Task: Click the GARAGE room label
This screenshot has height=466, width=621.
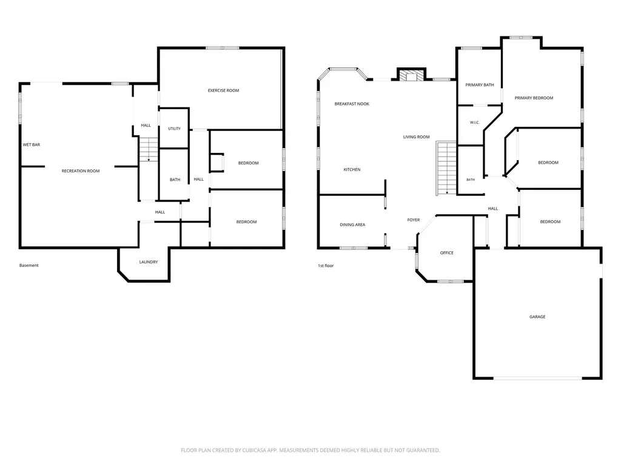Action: pos(537,317)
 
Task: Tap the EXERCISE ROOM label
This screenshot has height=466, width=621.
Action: pos(223,90)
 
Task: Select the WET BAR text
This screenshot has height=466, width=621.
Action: pos(32,144)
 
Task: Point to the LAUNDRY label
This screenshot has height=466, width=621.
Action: pos(149,262)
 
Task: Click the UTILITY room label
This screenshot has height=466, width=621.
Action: pos(174,129)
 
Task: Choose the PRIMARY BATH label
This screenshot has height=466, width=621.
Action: pos(480,85)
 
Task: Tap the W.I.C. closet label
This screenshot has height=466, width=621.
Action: pos(475,123)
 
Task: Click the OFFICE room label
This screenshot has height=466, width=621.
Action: pos(447,252)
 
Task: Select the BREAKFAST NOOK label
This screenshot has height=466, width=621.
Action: pos(352,104)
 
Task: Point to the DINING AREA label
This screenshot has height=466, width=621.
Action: pos(352,225)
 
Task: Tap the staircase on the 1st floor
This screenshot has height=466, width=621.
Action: pos(446,168)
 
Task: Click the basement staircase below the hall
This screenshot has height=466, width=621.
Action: pos(149,149)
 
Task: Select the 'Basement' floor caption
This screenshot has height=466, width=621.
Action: pos(29,266)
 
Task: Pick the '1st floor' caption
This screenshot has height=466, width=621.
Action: pos(326,266)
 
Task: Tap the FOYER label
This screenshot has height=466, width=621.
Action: pos(414,220)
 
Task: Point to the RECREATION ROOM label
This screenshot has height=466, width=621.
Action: pos(81,171)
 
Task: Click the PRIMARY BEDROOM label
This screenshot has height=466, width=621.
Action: pos(534,98)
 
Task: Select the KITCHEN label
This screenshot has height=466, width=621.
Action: pos(352,170)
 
